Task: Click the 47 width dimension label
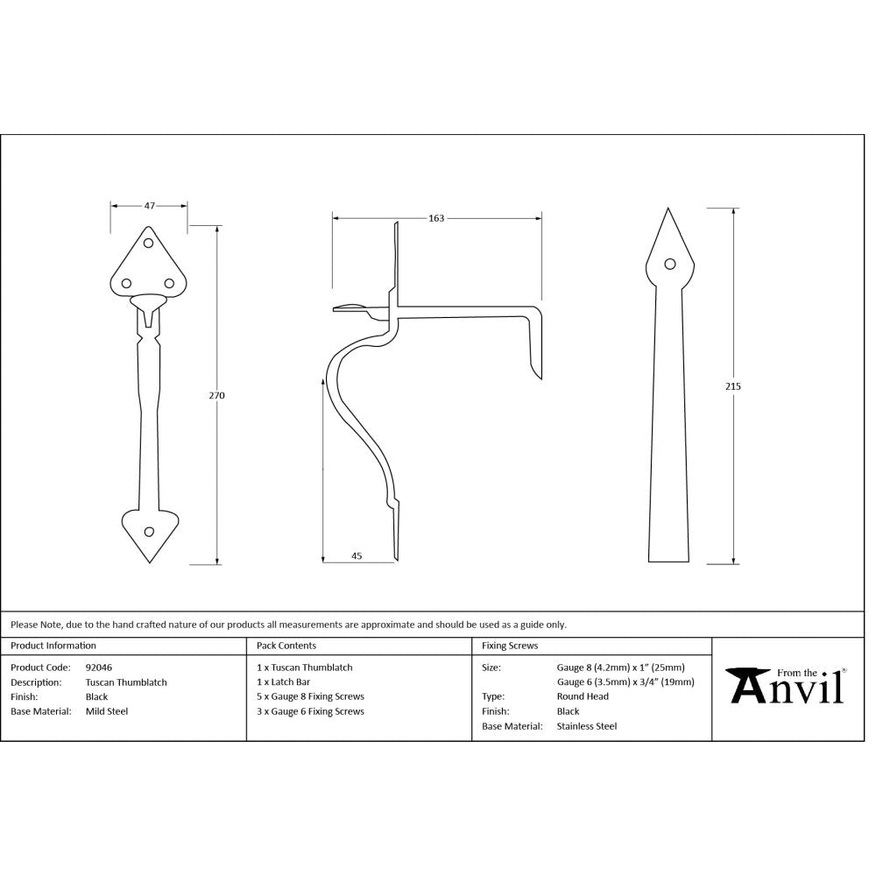tap(149, 206)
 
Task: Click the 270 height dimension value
tap(217, 395)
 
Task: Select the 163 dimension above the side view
tap(436, 218)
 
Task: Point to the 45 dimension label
tap(357, 555)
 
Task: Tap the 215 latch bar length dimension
tap(733, 385)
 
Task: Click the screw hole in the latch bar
tap(670, 264)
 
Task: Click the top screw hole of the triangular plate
tap(148, 244)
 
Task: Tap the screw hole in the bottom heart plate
tap(148, 531)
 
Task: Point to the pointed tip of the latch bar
tap(669, 211)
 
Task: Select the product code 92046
tap(98, 668)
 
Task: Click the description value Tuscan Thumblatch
tap(125, 682)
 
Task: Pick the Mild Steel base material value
tap(106, 711)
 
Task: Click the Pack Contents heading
tap(286, 646)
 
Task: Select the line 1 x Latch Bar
tap(283, 682)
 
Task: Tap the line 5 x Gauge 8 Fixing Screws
tap(310, 697)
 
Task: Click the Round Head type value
tap(583, 697)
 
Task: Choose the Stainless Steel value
tap(586, 726)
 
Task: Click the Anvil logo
tap(786, 685)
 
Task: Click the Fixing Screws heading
tap(510, 646)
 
